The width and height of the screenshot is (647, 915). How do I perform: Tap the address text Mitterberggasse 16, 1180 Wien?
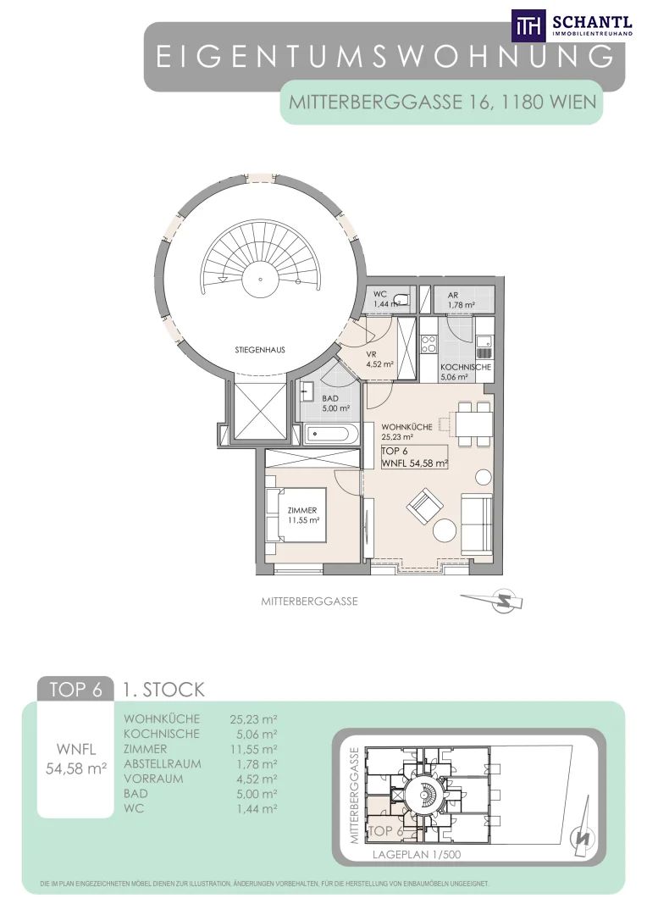[x=443, y=103]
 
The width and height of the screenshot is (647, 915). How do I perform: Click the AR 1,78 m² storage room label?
[x=462, y=301]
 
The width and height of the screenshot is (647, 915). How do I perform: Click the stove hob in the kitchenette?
[x=429, y=344]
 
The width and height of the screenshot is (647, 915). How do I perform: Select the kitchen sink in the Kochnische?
[x=484, y=346]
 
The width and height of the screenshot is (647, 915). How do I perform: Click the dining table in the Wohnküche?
[x=471, y=421]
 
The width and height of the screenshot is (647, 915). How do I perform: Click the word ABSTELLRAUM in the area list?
[x=163, y=763]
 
